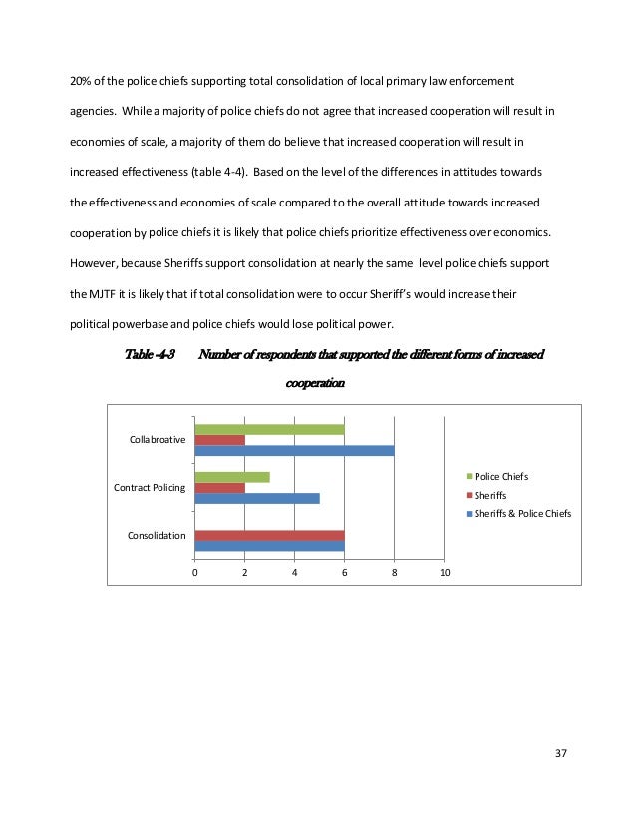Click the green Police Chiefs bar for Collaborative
click(269, 428)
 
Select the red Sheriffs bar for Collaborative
click(219, 439)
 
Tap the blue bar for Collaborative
click(294, 450)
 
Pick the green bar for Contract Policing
click(232, 476)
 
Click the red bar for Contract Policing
click(219, 487)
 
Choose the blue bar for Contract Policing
click(257, 498)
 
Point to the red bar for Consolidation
click(269, 535)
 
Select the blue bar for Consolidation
click(269, 546)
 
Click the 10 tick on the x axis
click(445, 572)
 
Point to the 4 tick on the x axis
click(295, 572)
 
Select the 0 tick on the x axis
click(194, 572)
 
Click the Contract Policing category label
click(150, 487)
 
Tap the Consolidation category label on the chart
click(157, 536)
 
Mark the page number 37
click(559, 752)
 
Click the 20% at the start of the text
click(80, 79)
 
